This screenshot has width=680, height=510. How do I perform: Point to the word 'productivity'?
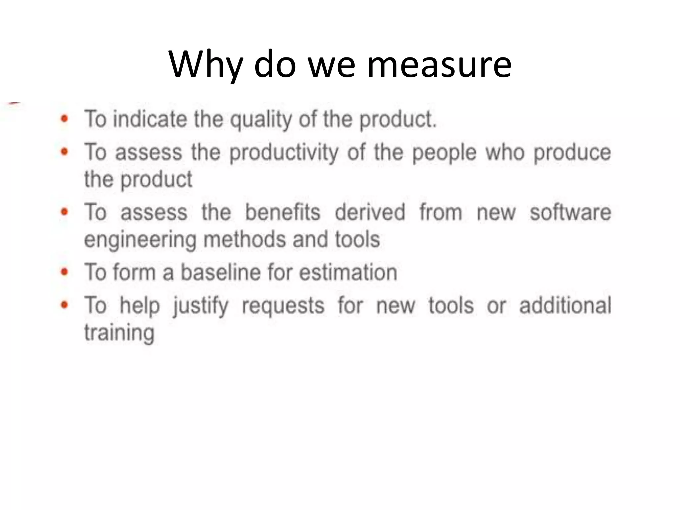point(284,153)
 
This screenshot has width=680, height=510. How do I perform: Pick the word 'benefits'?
point(283,212)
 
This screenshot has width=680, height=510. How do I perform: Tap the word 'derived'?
point(370,212)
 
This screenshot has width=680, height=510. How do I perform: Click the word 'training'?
point(119,333)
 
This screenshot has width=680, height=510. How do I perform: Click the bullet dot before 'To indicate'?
point(65,119)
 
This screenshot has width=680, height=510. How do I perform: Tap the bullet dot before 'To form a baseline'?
point(65,272)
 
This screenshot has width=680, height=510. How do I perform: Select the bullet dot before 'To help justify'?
point(65,305)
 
